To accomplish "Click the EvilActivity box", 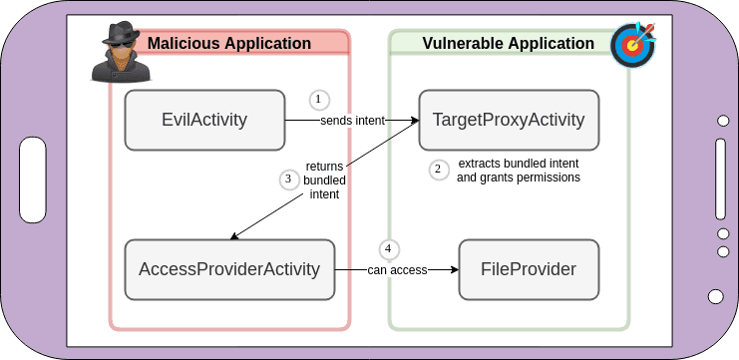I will coord(204,121).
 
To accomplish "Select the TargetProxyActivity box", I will coord(508,121).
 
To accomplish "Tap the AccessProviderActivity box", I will coord(229,269).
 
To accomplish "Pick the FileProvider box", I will coord(529,269).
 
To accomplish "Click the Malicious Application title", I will coord(229,43).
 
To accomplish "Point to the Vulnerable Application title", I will coord(508,43).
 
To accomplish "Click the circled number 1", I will coord(318,100).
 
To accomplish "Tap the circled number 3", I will coord(288,180).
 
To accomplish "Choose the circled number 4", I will coord(390,248).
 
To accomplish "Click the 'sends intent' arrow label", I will coord(353,121).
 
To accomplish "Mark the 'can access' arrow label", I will coord(397,269).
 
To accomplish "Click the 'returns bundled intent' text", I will coord(323,180).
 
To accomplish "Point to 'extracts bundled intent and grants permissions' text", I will coord(518,171).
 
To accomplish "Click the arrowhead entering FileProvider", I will coord(454,269).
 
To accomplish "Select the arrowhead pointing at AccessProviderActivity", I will coord(234,237).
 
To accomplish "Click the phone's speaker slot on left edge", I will coord(31,180).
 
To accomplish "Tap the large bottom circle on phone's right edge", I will coord(716,296).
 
